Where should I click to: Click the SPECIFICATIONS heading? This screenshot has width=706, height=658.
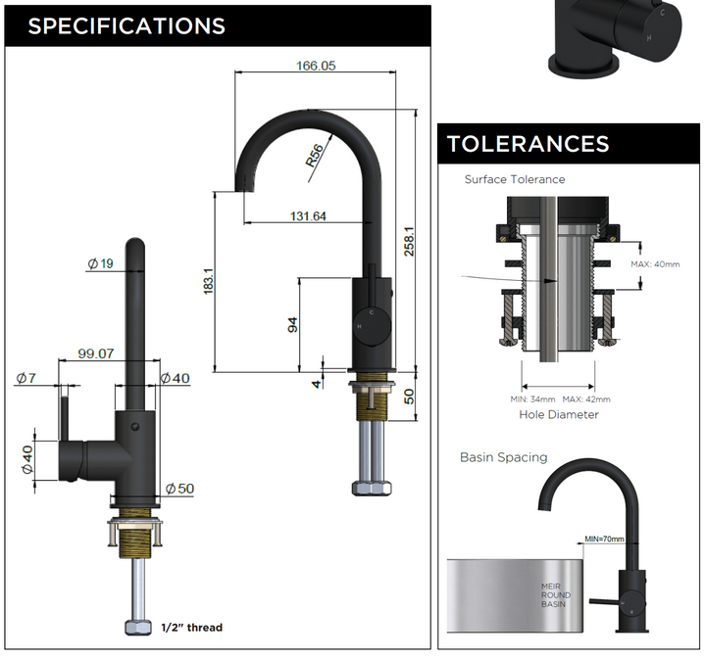126,25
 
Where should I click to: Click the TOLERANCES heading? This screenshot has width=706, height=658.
528,144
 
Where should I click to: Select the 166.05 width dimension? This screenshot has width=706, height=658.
316,67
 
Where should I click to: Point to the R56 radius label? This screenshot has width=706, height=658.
314,157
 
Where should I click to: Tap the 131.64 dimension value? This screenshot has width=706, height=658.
307,216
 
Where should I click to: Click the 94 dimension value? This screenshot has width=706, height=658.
292,324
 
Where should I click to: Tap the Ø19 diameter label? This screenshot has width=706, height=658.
100,263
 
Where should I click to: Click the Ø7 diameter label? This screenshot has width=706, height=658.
25,378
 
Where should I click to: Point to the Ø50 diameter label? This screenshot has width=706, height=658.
179,488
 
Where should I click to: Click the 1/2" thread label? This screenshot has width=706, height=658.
190,628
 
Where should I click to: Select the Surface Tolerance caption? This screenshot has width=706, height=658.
515,179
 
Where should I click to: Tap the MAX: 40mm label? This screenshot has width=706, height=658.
655,264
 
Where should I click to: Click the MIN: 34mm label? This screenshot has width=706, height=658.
533,399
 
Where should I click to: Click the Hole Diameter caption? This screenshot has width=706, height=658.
559,414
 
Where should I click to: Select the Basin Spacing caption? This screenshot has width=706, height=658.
503,457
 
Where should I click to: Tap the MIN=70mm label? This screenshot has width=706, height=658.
605,539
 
